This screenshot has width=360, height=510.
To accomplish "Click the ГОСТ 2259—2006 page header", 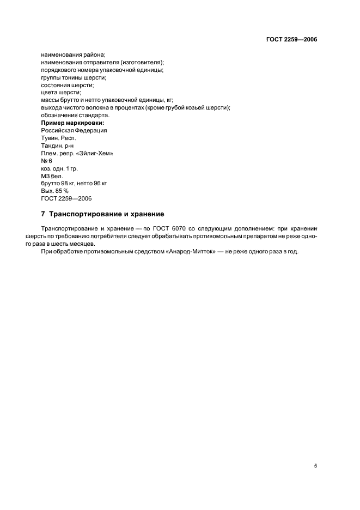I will pyautogui.click(x=291, y=39).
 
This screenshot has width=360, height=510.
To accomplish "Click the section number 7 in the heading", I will pyautogui.click(x=43, y=214).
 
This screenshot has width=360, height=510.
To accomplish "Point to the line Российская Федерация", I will pyautogui.click(x=74, y=130).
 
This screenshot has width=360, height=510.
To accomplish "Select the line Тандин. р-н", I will pyautogui.click(x=59, y=145).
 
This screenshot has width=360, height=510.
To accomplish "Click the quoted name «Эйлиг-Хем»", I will pyautogui.click(x=96, y=153).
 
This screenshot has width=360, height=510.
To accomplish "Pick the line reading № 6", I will pyautogui.click(x=46, y=161).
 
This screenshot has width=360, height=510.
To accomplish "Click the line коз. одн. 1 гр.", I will pyautogui.click(x=59, y=168).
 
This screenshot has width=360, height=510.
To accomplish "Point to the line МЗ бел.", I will pyautogui.click(x=52, y=176).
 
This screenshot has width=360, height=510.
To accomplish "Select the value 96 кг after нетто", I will pyautogui.click(x=102, y=184).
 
